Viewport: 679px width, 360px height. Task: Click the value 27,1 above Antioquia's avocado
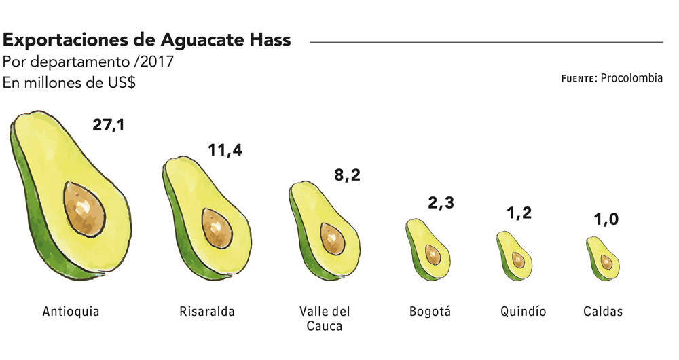click(108, 125)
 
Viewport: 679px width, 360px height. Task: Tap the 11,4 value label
click(225, 150)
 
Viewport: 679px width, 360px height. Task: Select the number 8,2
click(347, 175)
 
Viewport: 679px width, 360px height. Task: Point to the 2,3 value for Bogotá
click(441, 202)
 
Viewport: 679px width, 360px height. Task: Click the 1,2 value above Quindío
click(519, 213)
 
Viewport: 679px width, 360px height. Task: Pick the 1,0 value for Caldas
click(606, 219)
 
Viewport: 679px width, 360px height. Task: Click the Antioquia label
click(71, 312)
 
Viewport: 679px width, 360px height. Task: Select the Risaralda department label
click(207, 312)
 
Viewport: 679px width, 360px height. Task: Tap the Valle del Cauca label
click(325, 319)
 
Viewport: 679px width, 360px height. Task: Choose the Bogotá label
click(430, 312)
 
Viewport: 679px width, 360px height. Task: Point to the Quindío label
click(523, 312)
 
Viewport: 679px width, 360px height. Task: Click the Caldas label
click(603, 312)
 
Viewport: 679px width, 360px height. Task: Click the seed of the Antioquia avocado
click(84, 209)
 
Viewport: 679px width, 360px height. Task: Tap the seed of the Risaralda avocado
click(217, 228)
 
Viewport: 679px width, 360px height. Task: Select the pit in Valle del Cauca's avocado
click(333, 238)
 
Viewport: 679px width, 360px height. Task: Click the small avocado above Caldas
click(602, 259)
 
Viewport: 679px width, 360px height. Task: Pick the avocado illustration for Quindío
click(515, 255)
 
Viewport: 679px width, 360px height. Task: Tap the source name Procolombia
click(631, 78)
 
